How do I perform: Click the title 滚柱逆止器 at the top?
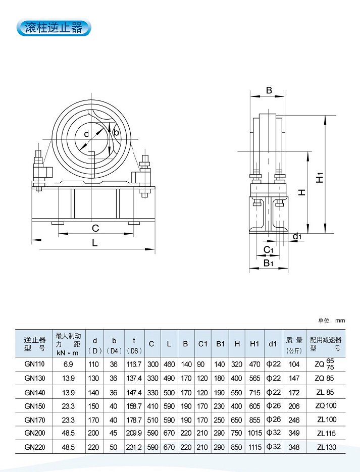(54, 27)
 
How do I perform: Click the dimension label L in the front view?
(95, 243)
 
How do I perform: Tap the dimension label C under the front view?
(95, 228)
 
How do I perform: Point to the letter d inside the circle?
(86, 134)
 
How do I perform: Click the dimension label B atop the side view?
(269, 91)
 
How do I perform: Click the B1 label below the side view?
(269, 263)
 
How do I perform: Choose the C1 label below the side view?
(269, 250)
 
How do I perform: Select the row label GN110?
(34, 364)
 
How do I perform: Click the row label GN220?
(34, 447)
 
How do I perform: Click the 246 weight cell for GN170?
(293, 419)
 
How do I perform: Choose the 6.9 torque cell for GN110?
(68, 364)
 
